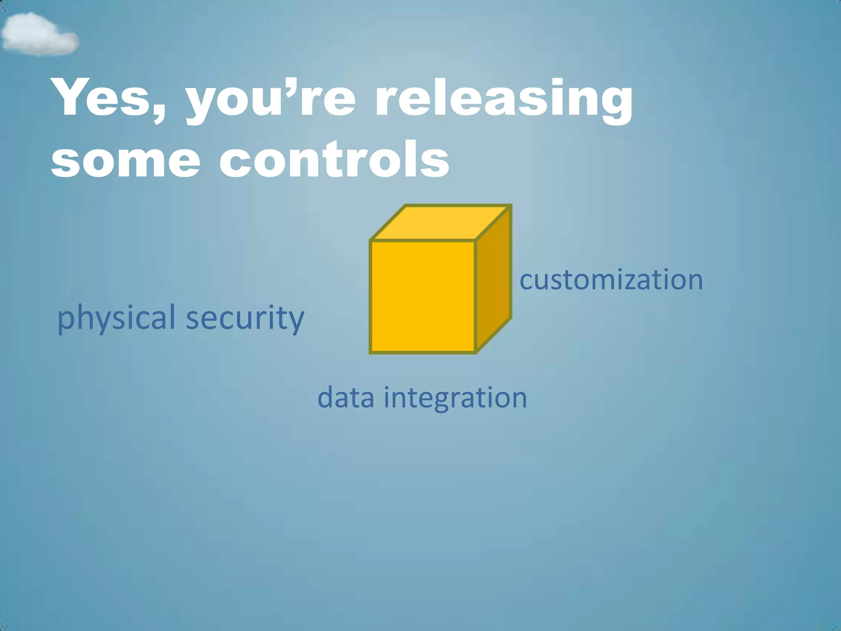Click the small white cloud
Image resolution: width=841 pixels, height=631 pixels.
pos(39,35)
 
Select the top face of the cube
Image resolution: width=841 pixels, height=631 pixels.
pos(440,223)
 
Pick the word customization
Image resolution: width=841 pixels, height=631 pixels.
pos(611,280)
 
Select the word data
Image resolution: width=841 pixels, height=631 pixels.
pos(346,398)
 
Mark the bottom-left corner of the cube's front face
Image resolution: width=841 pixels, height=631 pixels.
pos(371,352)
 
